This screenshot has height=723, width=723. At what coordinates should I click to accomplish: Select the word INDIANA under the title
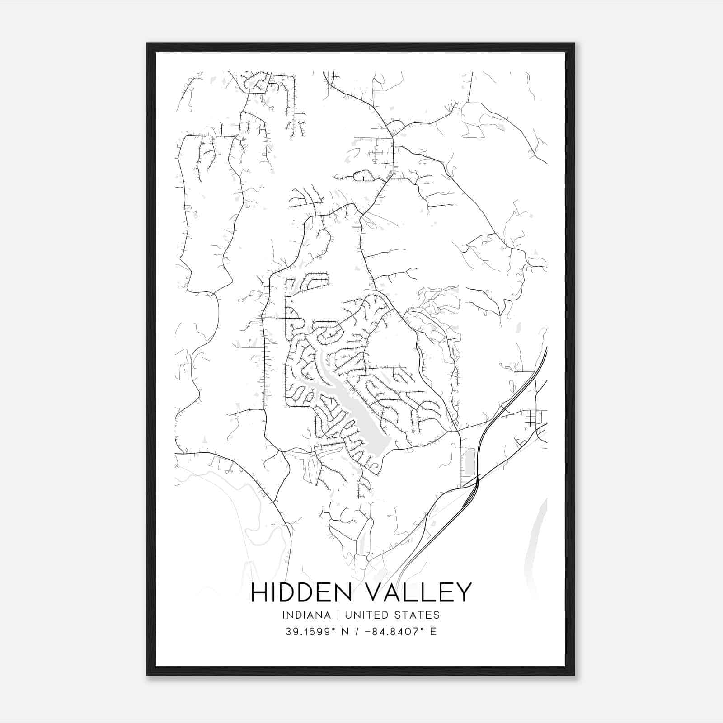point(310,615)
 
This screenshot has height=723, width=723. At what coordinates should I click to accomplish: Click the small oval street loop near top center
point(363,175)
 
